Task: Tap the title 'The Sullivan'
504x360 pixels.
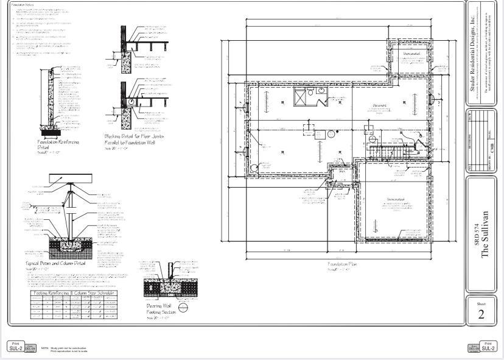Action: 485,235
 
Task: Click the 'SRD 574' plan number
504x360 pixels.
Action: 477,235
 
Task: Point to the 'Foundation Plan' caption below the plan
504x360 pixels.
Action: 342,264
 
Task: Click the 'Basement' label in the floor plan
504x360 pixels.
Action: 381,105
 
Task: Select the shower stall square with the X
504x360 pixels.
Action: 303,96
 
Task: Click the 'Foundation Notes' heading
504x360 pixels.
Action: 23,5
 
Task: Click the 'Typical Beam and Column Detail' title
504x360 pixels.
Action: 56,264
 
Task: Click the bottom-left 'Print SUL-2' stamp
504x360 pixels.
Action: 16,347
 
